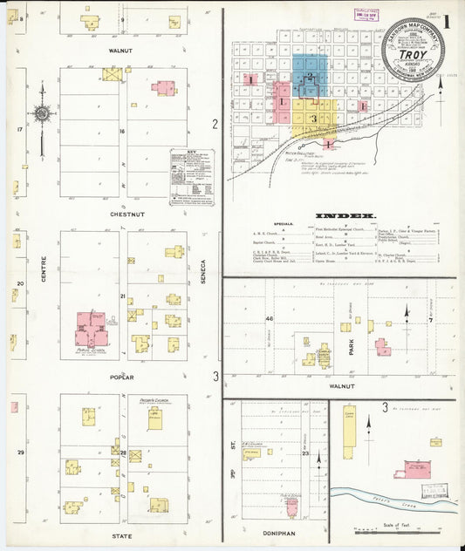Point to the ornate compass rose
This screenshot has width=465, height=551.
click(40, 112)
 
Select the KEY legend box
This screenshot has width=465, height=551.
click(191, 177)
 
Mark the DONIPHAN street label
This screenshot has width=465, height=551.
click(276, 528)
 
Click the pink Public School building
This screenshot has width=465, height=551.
click(96, 330)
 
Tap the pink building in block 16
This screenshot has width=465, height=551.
click(162, 87)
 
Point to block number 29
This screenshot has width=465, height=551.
click(20, 452)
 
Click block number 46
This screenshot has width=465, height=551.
click(270, 320)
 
